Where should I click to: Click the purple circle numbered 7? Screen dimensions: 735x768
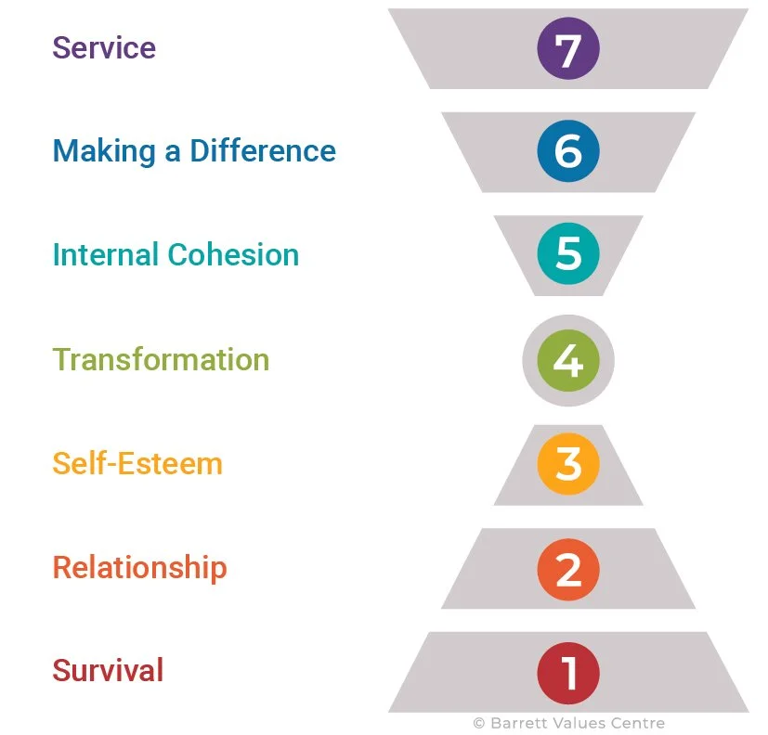pos(568,48)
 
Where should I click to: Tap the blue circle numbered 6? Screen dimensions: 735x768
pos(568,151)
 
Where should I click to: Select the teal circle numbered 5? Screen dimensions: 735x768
pos(568,254)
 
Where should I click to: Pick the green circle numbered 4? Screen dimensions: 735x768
pos(568,359)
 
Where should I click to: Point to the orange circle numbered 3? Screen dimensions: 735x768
pos(568,463)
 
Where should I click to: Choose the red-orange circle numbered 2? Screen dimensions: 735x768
pos(568,568)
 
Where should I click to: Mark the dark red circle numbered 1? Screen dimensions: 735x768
pos(568,673)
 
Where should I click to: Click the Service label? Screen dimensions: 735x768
pos(104,47)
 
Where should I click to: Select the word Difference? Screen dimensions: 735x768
pos(263,151)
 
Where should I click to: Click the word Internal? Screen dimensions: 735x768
pos(105,255)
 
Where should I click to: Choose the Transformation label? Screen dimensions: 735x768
pos(161,359)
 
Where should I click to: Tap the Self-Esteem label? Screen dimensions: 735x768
pos(137,463)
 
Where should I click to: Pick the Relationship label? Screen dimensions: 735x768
pos(139,567)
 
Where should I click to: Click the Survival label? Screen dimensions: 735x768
pos(108,670)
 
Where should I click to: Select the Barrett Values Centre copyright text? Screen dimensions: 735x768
pos(568,723)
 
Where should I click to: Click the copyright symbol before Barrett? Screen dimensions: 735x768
pos(479,723)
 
